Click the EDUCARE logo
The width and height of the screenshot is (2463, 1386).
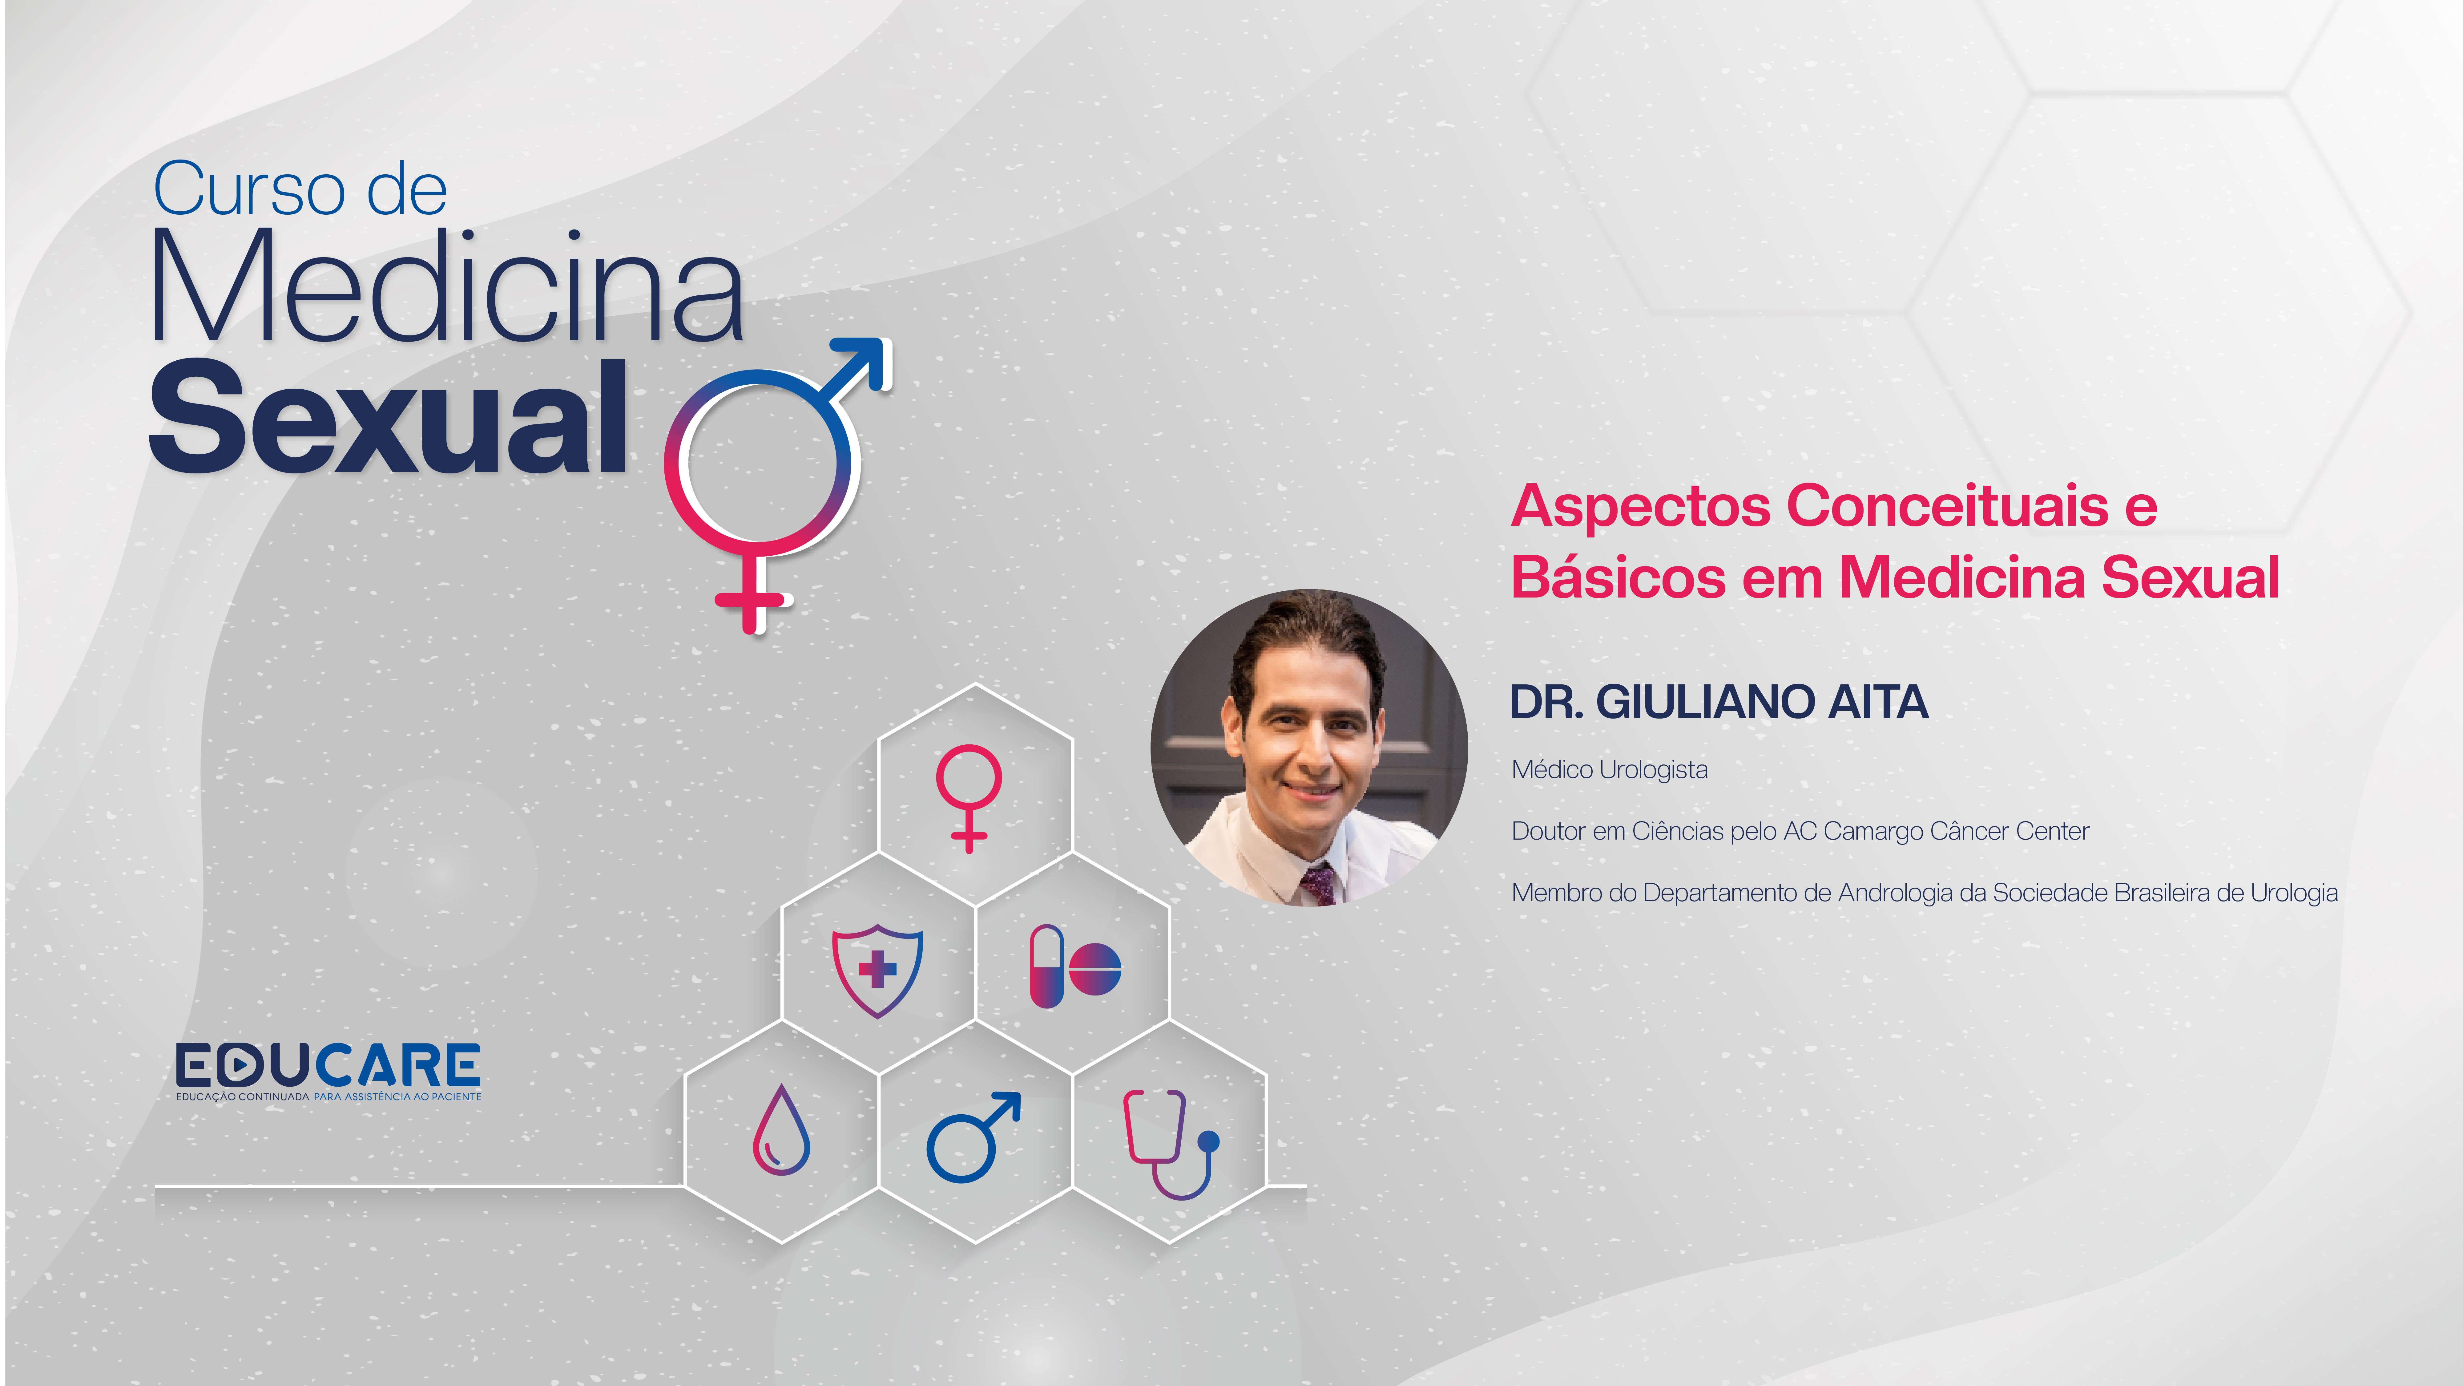click(x=328, y=1071)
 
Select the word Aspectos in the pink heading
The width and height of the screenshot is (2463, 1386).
click(x=1641, y=507)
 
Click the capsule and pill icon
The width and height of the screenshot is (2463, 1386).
click(x=1075, y=966)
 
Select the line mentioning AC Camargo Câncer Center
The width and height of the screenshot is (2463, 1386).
click(x=1800, y=831)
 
